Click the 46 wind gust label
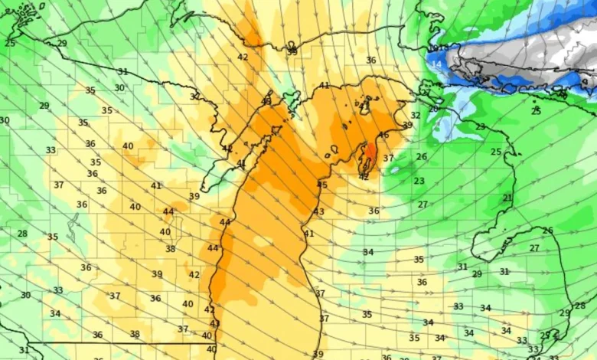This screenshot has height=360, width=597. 383,135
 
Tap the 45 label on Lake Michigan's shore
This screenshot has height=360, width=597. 322,185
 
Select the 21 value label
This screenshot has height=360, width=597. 507,198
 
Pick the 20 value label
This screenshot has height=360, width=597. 433,110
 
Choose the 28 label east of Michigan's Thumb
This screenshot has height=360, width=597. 579,306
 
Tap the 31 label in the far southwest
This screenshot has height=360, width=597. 24,350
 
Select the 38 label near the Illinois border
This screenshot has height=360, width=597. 135,334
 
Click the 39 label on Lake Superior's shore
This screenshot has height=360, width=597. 292,51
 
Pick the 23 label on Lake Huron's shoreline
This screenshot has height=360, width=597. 480,126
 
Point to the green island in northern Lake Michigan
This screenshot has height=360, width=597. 290,100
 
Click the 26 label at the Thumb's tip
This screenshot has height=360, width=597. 547,231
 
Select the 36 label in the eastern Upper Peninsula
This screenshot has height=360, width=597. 371,60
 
